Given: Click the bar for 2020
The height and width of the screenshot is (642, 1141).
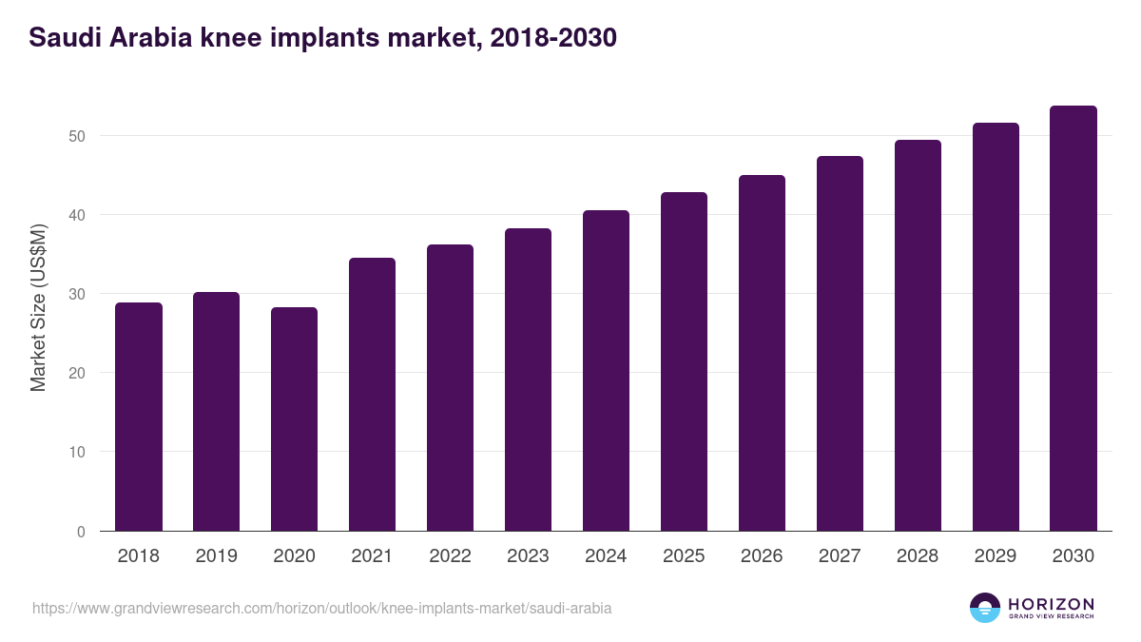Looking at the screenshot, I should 294,419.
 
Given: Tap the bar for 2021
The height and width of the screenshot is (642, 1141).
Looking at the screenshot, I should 372,395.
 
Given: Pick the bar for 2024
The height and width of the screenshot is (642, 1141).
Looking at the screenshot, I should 606,371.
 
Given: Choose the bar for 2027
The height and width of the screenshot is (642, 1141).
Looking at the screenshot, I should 840,343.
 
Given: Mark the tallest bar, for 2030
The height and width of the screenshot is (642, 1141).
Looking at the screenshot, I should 1073,319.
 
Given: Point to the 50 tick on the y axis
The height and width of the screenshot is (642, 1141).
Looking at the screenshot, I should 77,136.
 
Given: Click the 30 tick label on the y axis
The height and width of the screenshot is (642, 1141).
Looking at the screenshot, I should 77,294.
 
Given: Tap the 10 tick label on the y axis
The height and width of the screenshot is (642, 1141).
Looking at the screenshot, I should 77,452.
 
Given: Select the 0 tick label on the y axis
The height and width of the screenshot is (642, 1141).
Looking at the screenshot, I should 81,532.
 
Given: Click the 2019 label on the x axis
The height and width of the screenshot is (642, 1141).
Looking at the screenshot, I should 217,556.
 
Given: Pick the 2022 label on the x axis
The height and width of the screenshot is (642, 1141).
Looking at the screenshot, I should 450,556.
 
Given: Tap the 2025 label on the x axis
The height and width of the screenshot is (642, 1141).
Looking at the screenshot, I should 684,556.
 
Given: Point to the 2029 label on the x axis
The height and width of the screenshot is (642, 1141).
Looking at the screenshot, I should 996,556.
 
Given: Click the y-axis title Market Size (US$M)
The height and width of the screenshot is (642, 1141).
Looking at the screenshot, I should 38,307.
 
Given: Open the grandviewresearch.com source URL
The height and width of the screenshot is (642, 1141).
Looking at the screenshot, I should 321,608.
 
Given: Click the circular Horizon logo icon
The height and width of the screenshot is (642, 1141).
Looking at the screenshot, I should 985,608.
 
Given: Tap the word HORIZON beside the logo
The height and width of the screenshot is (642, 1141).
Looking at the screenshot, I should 1051,604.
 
